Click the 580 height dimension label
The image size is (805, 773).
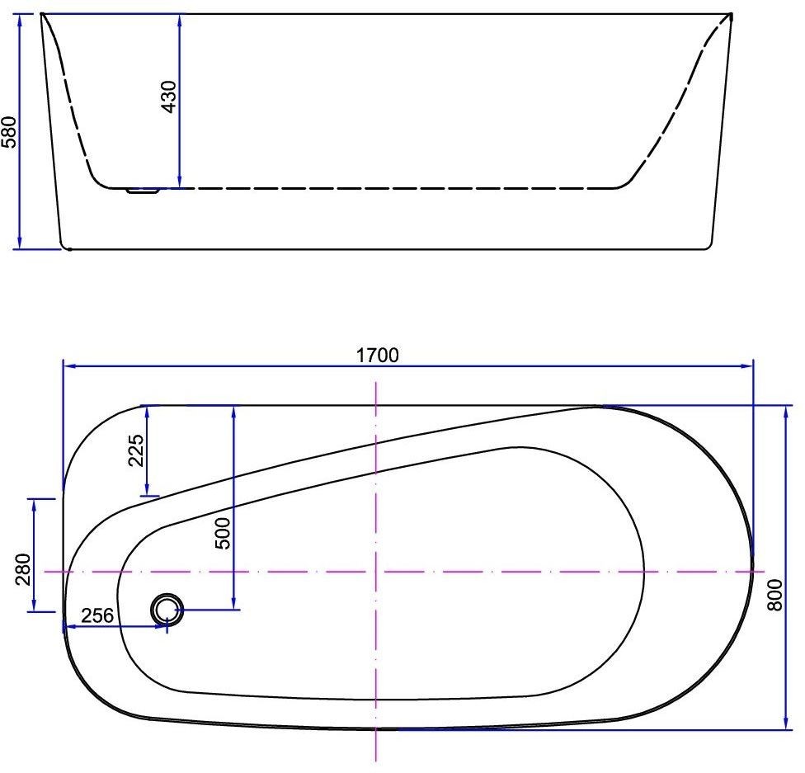tap(9, 132)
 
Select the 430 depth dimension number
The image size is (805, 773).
tap(169, 96)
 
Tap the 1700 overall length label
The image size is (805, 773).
tap(378, 355)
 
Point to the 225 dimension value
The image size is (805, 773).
tap(136, 450)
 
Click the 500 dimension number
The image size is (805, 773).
tap(223, 534)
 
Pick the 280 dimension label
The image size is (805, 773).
tap(24, 569)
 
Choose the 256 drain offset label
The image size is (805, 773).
tap(97, 615)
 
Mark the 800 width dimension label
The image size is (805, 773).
tap(775, 595)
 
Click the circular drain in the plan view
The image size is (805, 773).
tap(167, 610)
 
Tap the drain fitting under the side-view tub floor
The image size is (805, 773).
tap(143, 191)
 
